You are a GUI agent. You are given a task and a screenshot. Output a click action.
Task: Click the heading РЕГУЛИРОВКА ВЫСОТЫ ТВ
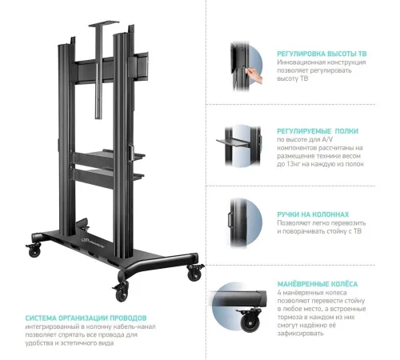click(322, 54)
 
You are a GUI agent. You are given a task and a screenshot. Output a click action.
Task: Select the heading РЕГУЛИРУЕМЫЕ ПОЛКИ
click(318, 131)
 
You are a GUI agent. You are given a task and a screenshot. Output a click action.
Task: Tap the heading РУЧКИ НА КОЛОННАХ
click(313, 214)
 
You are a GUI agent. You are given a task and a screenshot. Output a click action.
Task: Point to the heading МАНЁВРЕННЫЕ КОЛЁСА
click(318, 284)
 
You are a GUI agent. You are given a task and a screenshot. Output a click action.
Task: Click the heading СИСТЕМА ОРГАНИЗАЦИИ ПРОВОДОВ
click(86, 318)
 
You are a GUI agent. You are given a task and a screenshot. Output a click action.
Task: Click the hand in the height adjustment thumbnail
click(254, 75)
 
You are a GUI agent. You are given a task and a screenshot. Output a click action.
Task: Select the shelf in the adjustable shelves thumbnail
click(234, 143)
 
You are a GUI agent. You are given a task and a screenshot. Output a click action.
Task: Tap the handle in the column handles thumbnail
click(230, 220)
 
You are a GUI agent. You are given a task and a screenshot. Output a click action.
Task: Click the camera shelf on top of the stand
click(104, 23)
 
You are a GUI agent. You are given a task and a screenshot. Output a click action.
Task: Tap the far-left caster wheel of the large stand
click(34, 250)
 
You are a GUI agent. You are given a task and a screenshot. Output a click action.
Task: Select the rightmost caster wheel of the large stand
click(194, 273)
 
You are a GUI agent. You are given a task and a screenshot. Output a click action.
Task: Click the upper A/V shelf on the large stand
click(114, 156)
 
